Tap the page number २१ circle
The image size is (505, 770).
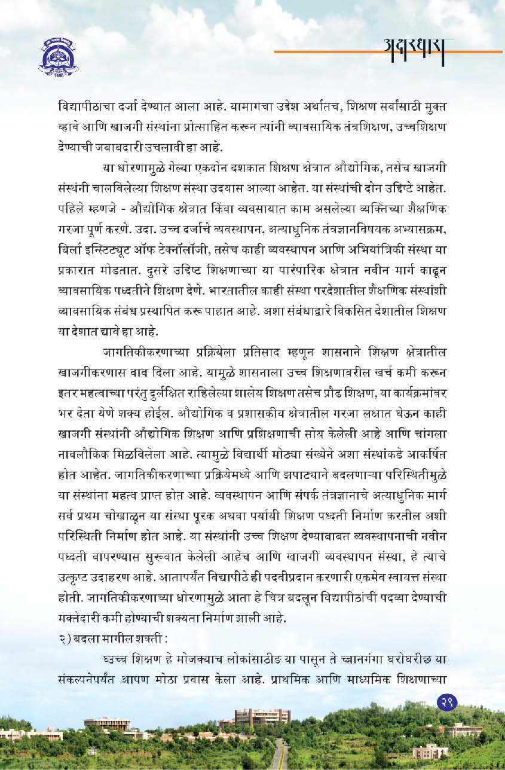(448, 701)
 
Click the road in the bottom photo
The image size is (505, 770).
(278, 756)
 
